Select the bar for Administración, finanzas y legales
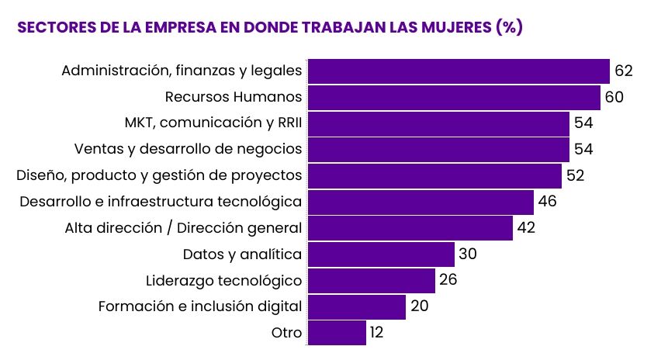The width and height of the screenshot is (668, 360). tap(459, 71)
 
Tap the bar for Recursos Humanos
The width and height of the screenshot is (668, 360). tap(454, 97)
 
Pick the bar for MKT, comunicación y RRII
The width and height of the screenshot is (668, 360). tap(438, 123)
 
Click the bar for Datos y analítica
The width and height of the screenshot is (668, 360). tap(381, 254)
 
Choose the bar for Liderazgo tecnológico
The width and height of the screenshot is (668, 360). tap(372, 280)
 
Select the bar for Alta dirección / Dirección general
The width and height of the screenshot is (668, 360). tap(410, 228)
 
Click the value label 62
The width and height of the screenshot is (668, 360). tap(624, 71)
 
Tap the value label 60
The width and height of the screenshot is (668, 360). tap(614, 97)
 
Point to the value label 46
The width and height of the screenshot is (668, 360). tap(547, 202)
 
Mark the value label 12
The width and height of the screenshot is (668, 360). tap(376, 333)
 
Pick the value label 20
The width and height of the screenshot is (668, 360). tap(419, 306)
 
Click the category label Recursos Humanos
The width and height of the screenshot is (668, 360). tap(234, 97)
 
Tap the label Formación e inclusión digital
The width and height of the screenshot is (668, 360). tap(200, 306)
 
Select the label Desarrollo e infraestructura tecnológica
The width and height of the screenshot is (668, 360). tap(161, 202)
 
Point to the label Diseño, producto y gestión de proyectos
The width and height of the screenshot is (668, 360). tap(159, 175)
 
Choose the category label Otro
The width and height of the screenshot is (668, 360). tap(286, 333)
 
